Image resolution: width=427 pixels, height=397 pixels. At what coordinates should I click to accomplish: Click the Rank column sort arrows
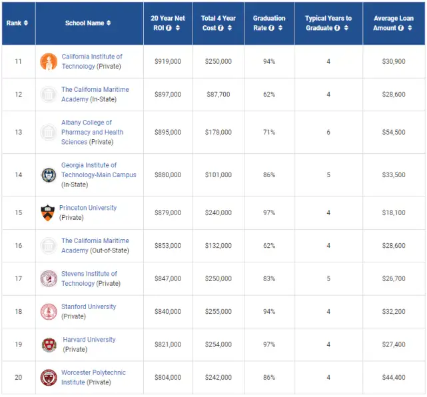pos(26,23)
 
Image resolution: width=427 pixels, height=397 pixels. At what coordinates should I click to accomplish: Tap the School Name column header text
pos(85,23)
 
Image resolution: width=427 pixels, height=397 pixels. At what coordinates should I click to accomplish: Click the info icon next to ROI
pos(169,28)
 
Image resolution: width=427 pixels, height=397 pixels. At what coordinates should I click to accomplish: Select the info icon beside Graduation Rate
pos(271,28)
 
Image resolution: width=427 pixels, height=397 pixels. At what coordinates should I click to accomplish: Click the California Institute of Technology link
pos(92,61)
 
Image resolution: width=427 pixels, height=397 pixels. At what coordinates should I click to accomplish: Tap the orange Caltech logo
pos(49,61)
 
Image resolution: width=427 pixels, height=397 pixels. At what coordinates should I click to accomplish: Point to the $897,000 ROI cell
pos(168,94)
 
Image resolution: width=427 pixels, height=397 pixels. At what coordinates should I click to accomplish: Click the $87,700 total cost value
pos(218,94)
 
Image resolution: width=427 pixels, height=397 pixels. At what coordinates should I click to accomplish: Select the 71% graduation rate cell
pos(269,132)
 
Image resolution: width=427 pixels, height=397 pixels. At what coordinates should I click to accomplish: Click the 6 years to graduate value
pos(328,132)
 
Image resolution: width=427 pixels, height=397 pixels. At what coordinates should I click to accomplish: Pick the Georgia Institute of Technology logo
pos(49,175)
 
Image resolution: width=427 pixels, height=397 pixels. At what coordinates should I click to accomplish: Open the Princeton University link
pos(88,208)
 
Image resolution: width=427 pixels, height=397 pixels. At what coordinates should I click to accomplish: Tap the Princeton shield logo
pos(48,212)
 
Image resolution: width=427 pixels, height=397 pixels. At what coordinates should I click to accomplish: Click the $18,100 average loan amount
pos(394,212)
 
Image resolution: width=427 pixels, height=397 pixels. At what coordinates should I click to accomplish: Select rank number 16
pos(19,245)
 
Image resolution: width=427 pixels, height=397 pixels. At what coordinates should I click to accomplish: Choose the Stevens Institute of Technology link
pos(89,278)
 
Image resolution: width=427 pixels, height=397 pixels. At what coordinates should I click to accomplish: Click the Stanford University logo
pos(49,312)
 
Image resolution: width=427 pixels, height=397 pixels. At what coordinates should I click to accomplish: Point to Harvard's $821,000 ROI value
pos(168,344)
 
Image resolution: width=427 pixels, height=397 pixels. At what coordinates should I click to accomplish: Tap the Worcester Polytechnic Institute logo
pos(49,378)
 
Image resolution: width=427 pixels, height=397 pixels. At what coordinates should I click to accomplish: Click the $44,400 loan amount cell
pos(394,377)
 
